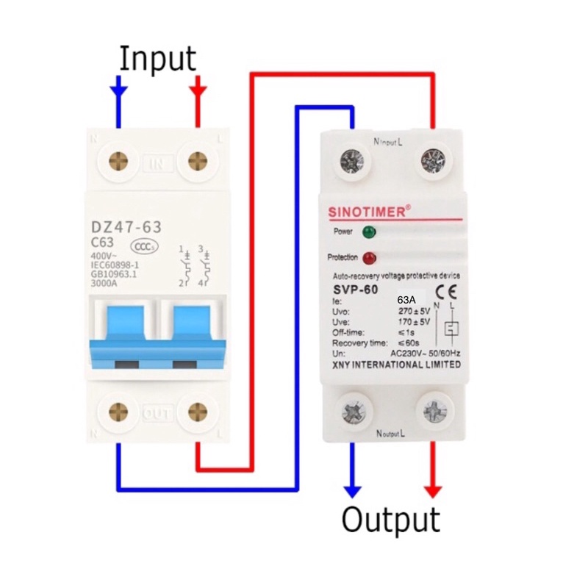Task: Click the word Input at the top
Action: (x=158, y=59)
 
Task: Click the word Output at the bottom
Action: (x=390, y=520)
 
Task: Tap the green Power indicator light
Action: (x=369, y=232)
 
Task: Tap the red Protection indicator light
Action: (x=369, y=258)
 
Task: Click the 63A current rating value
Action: (x=406, y=301)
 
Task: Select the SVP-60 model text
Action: (x=356, y=290)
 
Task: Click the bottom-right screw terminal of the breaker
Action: (x=196, y=412)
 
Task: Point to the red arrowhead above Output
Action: (x=433, y=490)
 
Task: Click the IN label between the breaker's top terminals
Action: (x=157, y=162)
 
